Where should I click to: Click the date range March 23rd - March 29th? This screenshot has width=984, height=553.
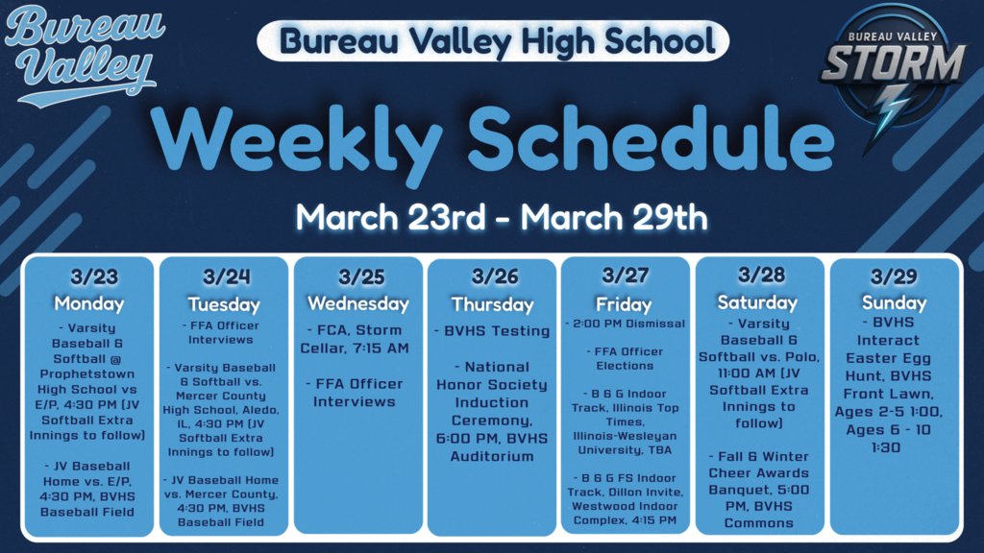click(x=501, y=216)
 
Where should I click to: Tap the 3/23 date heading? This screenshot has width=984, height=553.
click(x=93, y=277)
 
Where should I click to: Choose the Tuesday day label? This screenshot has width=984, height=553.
click(x=224, y=304)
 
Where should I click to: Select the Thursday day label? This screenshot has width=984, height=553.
click(x=493, y=304)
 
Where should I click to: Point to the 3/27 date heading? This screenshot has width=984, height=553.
click(x=625, y=277)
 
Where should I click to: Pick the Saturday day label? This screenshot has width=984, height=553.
click(x=758, y=302)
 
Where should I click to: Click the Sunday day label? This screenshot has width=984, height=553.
click(x=895, y=302)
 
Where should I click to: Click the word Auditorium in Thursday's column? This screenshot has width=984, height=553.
click(x=493, y=456)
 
